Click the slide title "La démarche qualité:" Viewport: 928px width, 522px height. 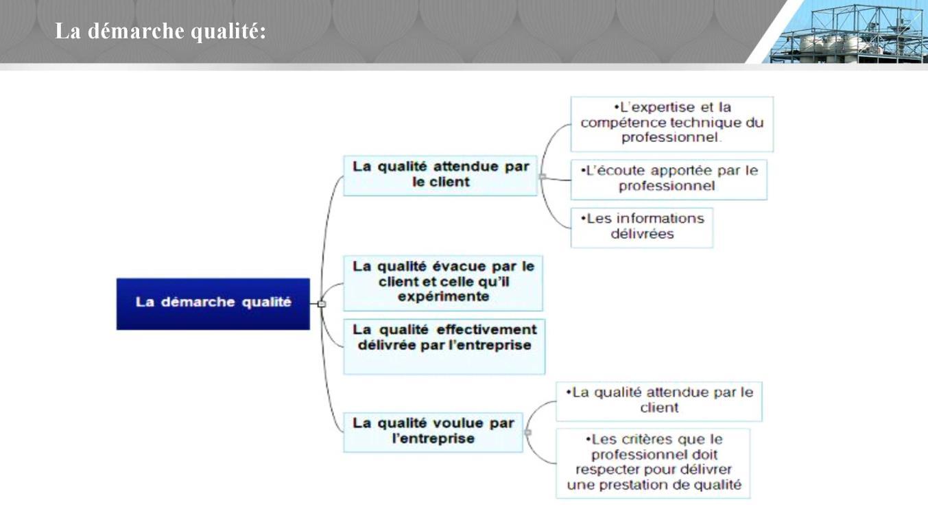160,31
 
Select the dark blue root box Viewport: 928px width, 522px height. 213,304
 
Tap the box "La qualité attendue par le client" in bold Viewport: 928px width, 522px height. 440,176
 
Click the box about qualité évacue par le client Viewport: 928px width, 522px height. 443,283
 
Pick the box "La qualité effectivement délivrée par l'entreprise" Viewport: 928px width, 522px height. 444,347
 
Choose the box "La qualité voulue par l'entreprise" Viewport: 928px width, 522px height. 433,432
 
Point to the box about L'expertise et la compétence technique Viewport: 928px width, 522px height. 672,124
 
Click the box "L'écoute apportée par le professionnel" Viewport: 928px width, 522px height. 669,180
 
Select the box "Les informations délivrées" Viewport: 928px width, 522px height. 642,228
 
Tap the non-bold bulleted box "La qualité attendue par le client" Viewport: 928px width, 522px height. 658,401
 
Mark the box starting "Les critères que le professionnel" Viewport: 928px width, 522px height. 653,463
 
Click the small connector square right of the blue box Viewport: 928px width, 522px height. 322,304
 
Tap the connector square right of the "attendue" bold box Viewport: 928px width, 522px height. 542,177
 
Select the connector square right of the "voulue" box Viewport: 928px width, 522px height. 528,433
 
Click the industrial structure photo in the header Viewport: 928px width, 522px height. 847,32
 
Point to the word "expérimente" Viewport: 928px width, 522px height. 443,296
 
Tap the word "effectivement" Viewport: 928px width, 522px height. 486,330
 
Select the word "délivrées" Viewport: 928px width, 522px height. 642,234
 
